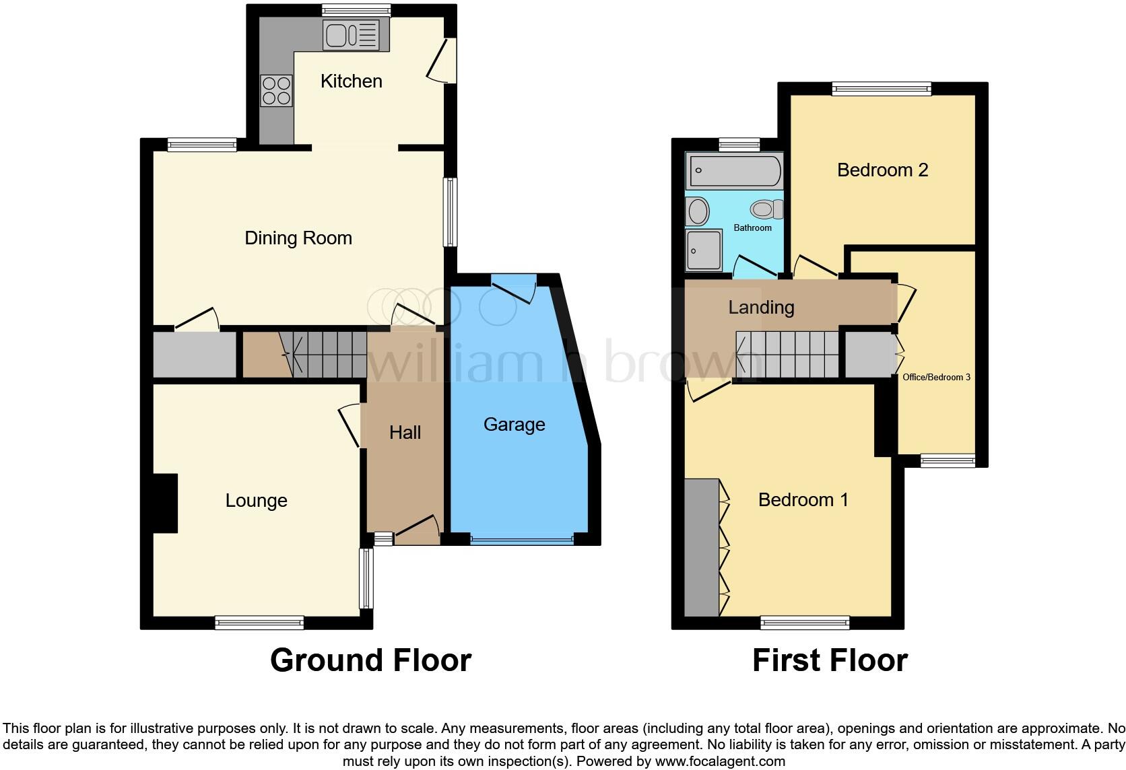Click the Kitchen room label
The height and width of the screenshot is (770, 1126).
pyautogui.click(x=351, y=81)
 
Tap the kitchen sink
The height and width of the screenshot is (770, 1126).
pyautogui.click(x=351, y=35)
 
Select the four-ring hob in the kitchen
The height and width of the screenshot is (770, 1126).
pyautogui.click(x=277, y=91)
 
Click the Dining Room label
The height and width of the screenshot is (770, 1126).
pyautogui.click(x=298, y=238)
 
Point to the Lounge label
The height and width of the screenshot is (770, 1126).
pyautogui.click(x=256, y=501)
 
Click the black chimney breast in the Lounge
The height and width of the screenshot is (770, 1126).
pyautogui.click(x=165, y=503)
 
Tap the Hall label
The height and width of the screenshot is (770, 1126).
pyautogui.click(x=405, y=433)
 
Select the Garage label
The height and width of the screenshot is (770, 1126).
pyautogui.click(x=514, y=425)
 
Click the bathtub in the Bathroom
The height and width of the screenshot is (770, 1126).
pyautogui.click(x=734, y=170)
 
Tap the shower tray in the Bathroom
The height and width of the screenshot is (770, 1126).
pyautogui.click(x=704, y=250)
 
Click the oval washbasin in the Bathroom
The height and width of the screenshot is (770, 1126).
pyautogui.click(x=698, y=211)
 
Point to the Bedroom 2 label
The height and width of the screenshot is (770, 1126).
pyautogui.click(x=882, y=170)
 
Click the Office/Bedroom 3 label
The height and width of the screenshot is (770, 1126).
pyautogui.click(x=936, y=378)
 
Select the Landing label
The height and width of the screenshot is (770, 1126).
pyautogui.click(x=761, y=308)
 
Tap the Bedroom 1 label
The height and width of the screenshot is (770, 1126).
pyautogui.click(x=803, y=500)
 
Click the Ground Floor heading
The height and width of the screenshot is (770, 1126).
pyautogui.click(x=370, y=660)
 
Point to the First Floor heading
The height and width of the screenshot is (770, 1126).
pyautogui.click(x=830, y=660)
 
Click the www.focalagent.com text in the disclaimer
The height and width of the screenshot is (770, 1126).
pyautogui.click(x=719, y=762)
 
